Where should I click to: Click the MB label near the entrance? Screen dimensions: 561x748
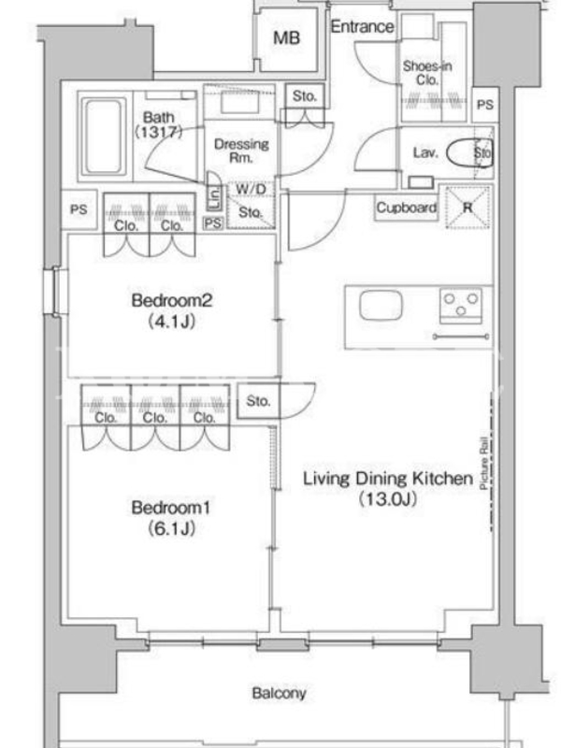coord(287,37)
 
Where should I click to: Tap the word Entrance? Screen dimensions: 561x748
coord(363,27)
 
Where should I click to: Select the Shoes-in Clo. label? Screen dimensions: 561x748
coord(427,73)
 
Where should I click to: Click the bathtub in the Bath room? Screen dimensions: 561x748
coord(103,137)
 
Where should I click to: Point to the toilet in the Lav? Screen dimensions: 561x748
coord(469,152)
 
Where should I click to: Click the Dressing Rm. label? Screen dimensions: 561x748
coord(241,151)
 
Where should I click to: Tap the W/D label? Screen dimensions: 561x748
coord(251,190)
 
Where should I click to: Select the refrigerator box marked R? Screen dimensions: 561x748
coord(467,208)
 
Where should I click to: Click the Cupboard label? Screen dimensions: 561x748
coord(407,208)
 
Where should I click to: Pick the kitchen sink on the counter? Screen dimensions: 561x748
coord(381,306)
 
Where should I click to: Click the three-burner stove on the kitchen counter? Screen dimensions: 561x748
coord(461,306)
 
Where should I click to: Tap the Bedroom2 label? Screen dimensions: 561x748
coord(172,300)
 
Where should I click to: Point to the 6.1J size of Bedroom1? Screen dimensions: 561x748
coord(171,528)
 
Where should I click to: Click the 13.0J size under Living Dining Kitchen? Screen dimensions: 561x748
coord(388,499)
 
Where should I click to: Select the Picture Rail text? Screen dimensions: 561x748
coord(483,463)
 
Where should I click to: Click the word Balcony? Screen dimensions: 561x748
coord(279,693)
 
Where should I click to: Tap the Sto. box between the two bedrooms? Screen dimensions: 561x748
coord(259,401)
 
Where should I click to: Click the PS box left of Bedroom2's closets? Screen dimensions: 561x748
coord(79,209)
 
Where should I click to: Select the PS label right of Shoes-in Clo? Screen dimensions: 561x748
coord(485,105)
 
